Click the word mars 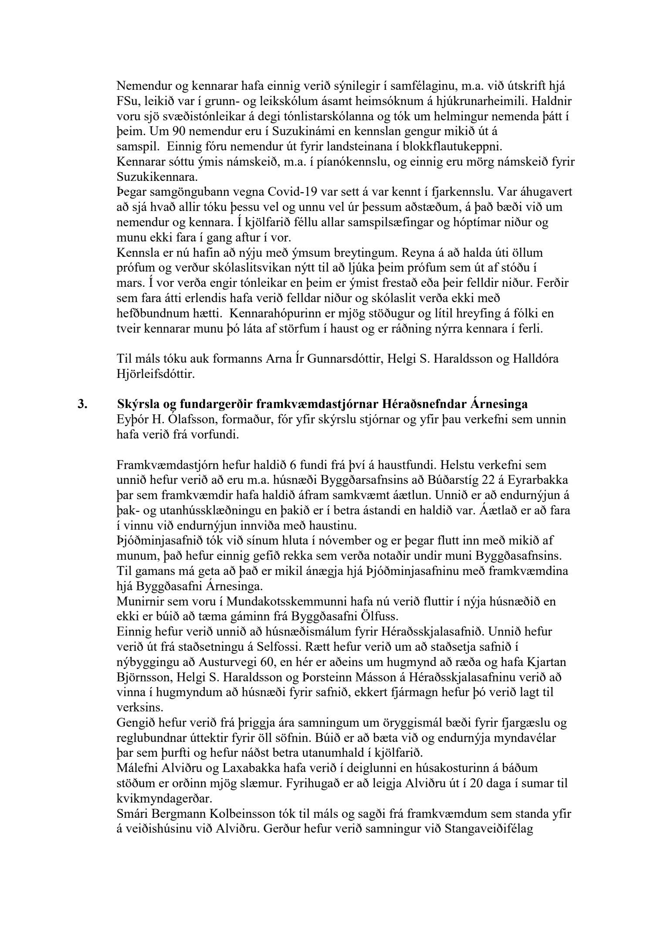click(128, 283)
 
